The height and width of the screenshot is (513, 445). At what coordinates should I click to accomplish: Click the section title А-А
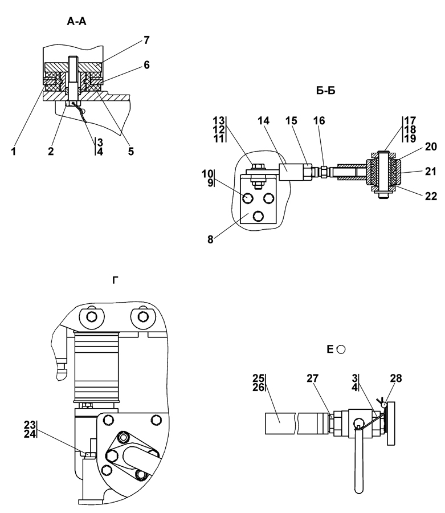[76, 22]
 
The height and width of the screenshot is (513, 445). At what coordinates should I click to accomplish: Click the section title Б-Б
[326, 91]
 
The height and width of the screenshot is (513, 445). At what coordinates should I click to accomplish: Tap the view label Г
[115, 280]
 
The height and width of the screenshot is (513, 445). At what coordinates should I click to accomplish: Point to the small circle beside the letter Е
[341, 350]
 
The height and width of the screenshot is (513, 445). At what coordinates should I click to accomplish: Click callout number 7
[146, 40]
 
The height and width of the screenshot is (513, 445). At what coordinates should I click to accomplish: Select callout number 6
[146, 65]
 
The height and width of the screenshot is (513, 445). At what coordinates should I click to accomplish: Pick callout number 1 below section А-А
[14, 152]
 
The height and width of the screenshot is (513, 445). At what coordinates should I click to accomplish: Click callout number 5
[131, 152]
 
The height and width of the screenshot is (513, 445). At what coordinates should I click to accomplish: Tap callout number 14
[264, 121]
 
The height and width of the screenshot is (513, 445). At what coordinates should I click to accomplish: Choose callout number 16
[319, 121]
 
